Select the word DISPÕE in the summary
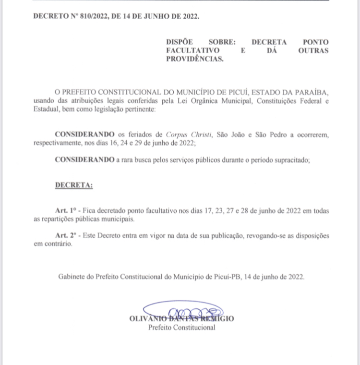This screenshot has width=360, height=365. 180,42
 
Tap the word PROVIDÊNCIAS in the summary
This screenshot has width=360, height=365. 194,59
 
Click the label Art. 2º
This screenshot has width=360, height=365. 66,236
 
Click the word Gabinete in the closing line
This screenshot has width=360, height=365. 71,277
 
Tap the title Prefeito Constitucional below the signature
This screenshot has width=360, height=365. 181,328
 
